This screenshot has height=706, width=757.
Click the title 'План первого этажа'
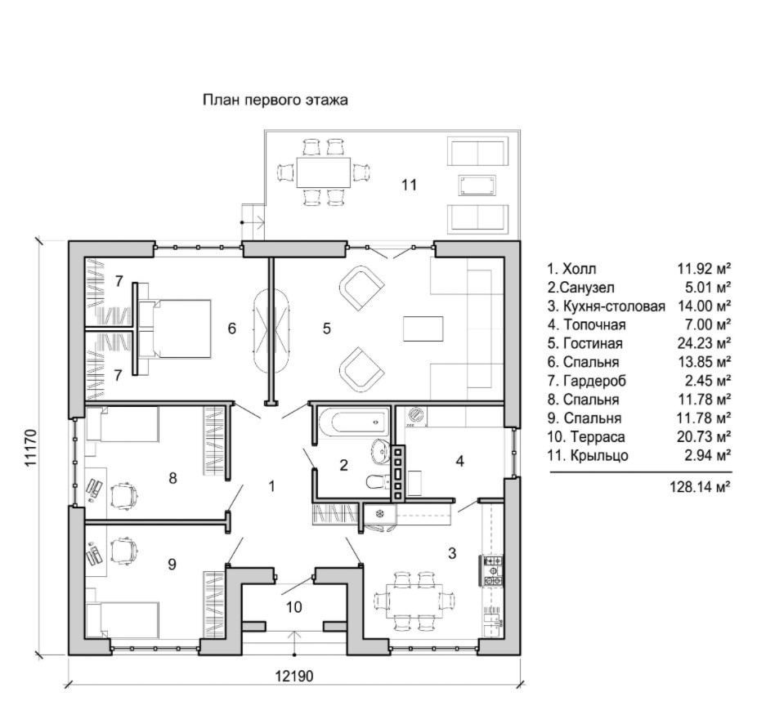275,101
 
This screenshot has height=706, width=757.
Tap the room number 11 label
409,185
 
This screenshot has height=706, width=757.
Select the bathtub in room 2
350,422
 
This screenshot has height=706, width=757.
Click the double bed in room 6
176,328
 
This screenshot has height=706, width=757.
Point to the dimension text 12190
293,677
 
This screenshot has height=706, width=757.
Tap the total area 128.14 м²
699,485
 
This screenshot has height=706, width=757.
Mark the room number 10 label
294,607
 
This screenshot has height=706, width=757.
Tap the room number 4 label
460,461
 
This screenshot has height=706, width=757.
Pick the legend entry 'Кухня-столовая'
607,305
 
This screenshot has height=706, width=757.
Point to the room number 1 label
271,486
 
